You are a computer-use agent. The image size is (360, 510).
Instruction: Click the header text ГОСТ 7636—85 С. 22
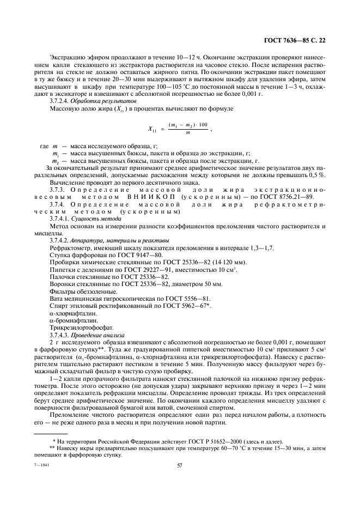pyautogui.click(x=294, y=40)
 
